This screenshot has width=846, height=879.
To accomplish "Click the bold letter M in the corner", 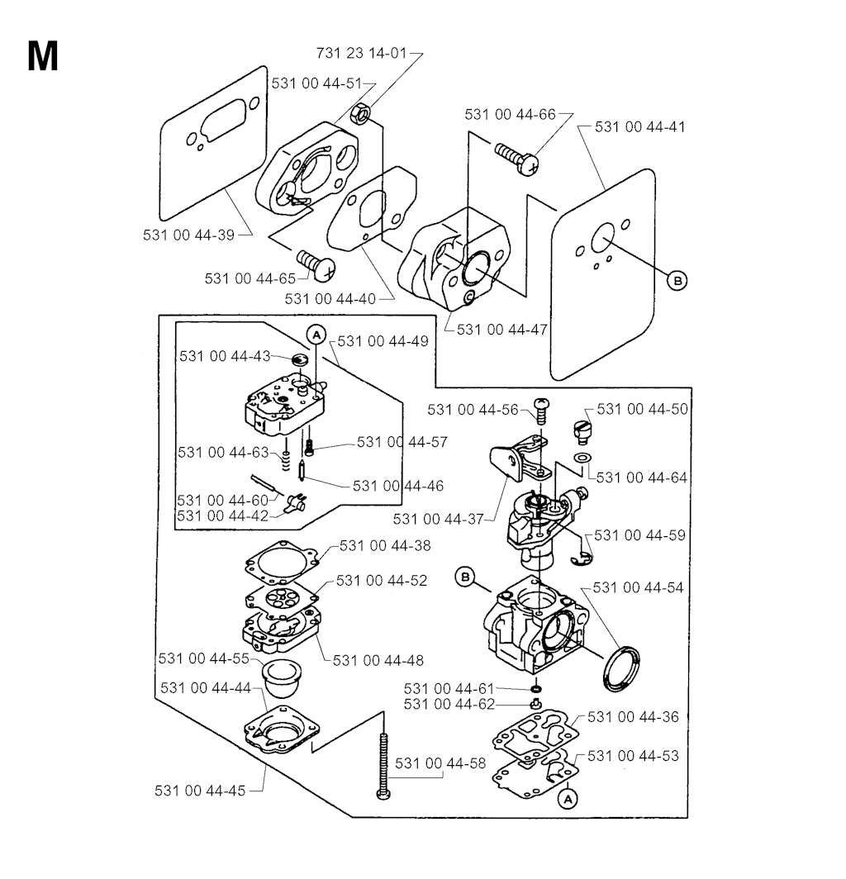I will pyautogui.click(x=43, y=56).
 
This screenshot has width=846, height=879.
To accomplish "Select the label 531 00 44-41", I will pyautogui.click(x=639, y=127).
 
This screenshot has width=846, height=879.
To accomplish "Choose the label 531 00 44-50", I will pyautogui.click(x=642, y=409).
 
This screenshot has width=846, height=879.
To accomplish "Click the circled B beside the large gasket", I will pyautogui.click(x=677, y=281).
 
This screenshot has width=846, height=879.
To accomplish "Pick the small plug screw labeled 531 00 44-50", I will pyautogui.click(x=582, y=429).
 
